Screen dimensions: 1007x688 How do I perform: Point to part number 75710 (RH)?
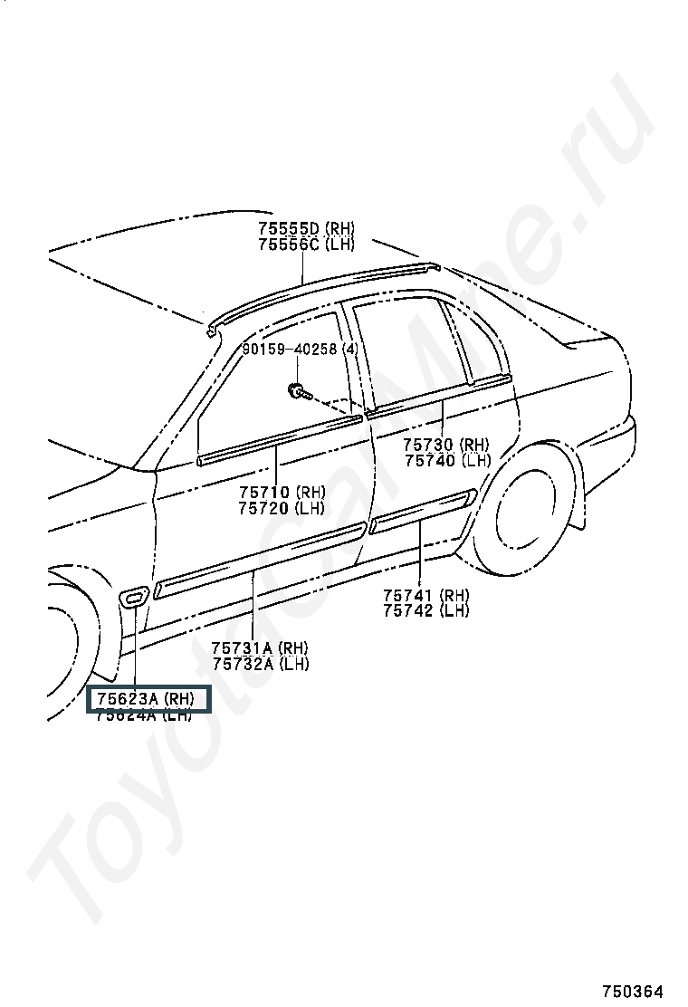click(282, 492)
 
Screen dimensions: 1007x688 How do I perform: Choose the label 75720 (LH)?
click(282, 508)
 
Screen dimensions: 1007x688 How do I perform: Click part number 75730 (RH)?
click(446, 444)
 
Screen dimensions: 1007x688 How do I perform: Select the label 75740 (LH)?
click(446, 460)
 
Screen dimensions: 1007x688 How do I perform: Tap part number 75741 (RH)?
click(425, 595)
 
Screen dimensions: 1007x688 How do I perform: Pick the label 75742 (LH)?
click(425, 611)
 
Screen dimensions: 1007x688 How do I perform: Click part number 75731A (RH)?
click(260, 647)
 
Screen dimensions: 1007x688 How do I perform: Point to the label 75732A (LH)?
click(260, 664)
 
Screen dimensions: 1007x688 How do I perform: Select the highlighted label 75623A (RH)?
click(148, 699)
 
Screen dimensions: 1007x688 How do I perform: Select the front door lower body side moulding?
click(258, 560)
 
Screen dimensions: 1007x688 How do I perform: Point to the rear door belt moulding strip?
click(439, 396)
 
